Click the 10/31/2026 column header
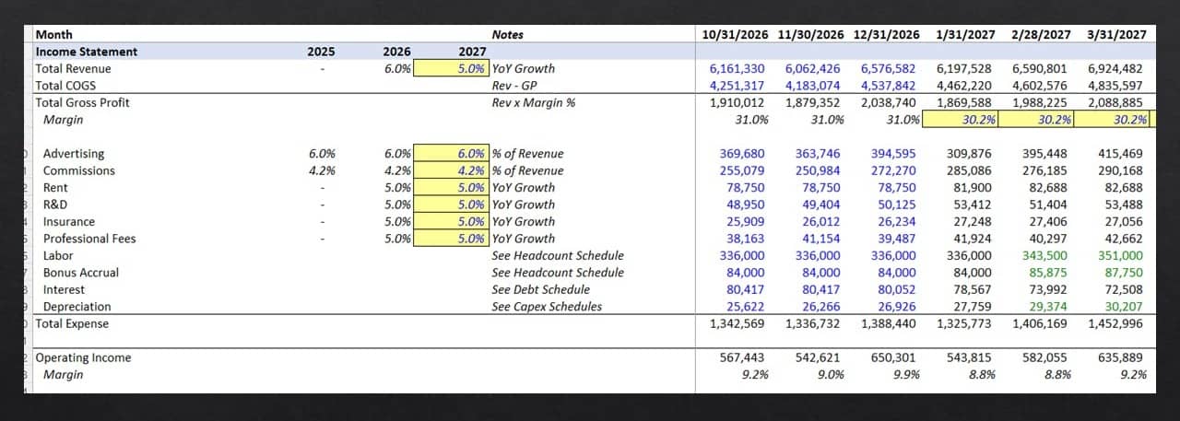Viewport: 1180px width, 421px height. (x=735, y=35)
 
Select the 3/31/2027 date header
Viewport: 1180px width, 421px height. (x=1116, y=35)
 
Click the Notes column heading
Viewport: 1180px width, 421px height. (x=507, y=35)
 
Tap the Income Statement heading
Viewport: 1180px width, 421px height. (x=87, y=52)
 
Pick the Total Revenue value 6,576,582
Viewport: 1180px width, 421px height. (x=888, y=68)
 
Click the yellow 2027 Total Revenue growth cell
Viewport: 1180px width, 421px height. (x=451, y=68)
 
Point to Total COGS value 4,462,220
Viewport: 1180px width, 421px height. (x=964, y=86)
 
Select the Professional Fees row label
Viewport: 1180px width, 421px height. (x=89, y=239)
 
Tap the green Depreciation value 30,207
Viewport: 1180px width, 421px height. (x=1124, y=306)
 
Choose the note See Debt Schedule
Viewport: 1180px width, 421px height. (x=541, y=289)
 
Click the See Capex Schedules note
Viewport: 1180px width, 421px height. (x=547, y=306)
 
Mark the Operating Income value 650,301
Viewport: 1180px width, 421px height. (x=893, y=357)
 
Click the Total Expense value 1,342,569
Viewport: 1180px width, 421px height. (x=737, y=323)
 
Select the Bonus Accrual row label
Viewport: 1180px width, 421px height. (x=81, y=273)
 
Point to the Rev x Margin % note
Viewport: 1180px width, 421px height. (x=534, y=102)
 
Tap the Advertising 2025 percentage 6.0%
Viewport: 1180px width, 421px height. (x=322, y=154)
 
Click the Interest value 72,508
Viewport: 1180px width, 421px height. (x=1124, y=289)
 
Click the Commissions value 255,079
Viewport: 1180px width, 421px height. (x=742, y=170)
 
